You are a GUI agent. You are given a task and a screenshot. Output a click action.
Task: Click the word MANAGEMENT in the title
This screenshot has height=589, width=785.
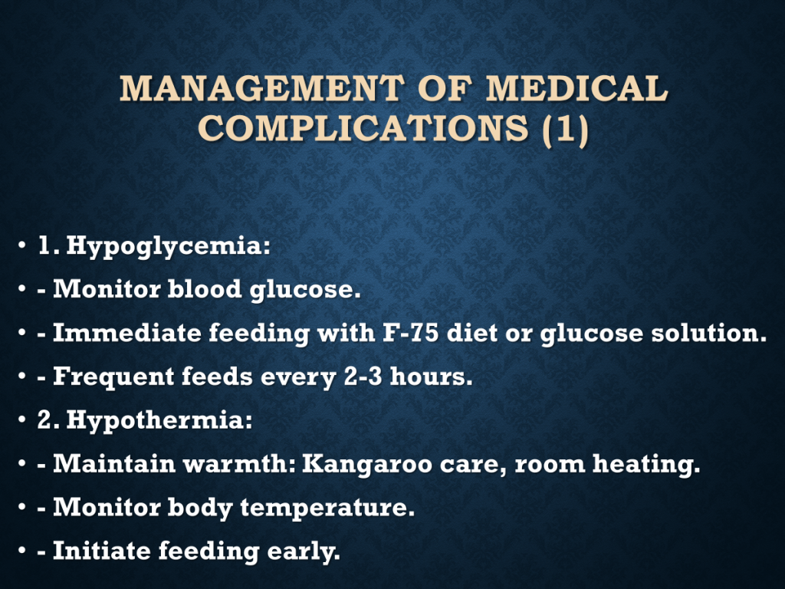coord(262,88)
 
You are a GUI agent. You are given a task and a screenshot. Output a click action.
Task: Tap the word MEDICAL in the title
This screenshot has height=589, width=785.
coord(577,88)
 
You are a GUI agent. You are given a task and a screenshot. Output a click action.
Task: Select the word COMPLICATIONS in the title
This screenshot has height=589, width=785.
coord(363,128)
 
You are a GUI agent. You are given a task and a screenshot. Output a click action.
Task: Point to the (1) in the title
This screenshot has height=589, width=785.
coord(566,129)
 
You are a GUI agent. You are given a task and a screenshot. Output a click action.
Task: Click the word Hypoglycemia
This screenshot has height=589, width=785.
coord(168,247)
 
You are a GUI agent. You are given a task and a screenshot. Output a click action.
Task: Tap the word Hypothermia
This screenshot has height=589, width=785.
coord(159,421)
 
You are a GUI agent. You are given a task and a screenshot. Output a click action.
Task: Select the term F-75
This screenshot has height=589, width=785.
coord(411,333)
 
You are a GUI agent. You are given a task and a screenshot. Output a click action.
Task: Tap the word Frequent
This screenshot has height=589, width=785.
coord(113,377)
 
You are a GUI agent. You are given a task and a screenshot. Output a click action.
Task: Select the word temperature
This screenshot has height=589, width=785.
coord(327,508)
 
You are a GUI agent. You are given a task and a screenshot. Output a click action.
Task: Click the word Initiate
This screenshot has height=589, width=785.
coord(102,551)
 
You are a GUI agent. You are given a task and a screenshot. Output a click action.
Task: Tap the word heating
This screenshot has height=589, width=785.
coord(646,465)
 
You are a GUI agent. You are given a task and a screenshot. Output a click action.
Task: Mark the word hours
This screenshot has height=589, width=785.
coord(431,377)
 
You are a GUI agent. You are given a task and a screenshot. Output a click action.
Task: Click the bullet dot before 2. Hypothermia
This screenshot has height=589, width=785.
coord(21,420)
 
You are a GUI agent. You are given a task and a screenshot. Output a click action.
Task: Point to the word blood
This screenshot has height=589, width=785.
coord(204,289)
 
